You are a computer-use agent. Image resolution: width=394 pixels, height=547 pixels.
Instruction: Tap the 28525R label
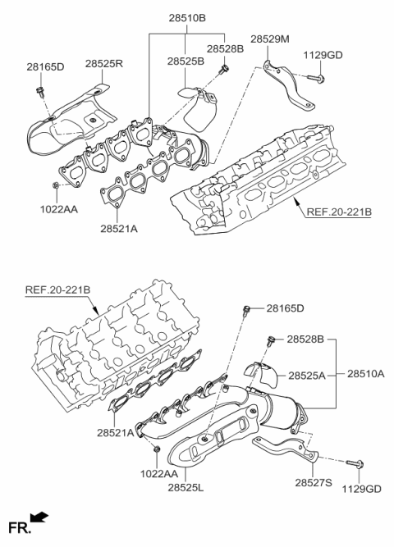click(104, 63)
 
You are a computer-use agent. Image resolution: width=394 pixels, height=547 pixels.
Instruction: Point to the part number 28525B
click(186, 62)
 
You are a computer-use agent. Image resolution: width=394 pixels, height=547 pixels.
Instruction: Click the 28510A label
click(364, 373)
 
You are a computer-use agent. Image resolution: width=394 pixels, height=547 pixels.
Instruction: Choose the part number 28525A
click(306, 375)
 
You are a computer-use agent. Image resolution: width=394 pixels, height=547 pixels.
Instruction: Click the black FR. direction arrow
click(39, 517)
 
